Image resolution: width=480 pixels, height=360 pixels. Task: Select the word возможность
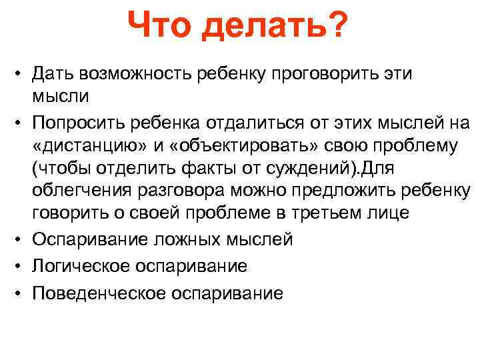pos(139,74)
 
